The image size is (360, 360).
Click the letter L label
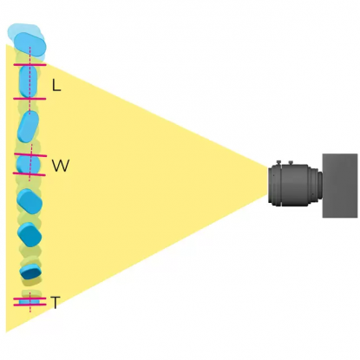tap(56, 85)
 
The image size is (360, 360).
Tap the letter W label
tap(61, 166)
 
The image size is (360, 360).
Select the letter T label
tap(55, 303)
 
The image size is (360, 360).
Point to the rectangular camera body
tap(340, 186)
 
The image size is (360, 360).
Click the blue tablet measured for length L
tap(29, 82)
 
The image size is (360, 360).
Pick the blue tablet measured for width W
tap(29, 165)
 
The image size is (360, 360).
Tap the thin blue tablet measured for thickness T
tap(29, 302)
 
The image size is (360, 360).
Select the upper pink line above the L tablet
tap(29, 65)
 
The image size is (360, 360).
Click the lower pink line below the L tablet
tap(29, 99)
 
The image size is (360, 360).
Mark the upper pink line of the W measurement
tap(30, 154)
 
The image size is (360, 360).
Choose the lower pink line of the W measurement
tap(29, 174)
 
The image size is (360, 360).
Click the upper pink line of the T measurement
tap(29, 298)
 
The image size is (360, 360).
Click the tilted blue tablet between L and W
tap(28, 127)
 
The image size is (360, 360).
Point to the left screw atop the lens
tap(278, 163)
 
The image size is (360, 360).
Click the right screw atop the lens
tap(291, 163)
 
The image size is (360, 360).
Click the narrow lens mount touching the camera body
tap(319, 186)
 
